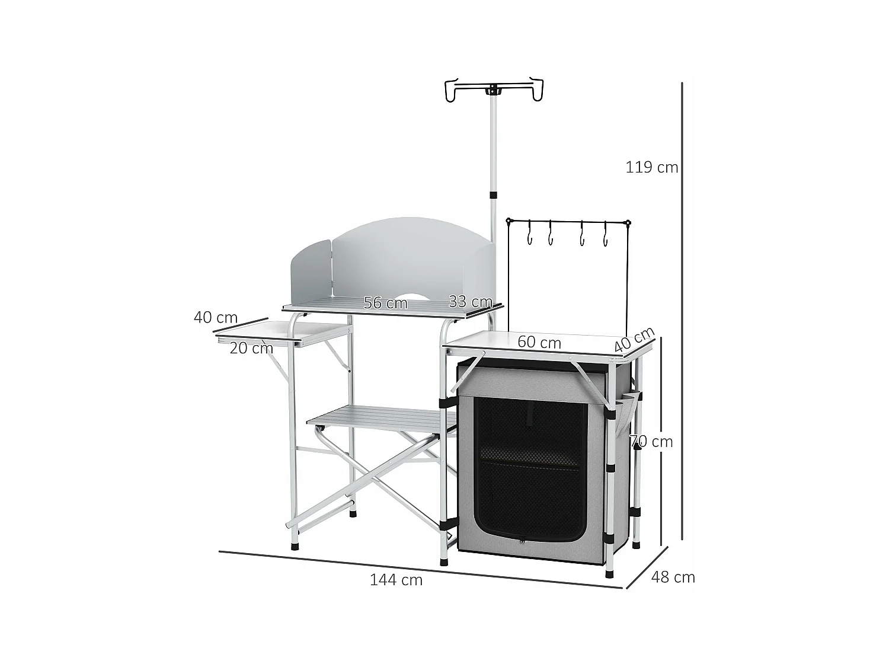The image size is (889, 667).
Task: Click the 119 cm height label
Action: (x=651, y=167)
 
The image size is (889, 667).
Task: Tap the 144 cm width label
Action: (x=396, y=580)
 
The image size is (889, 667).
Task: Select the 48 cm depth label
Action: (x=673, y=577)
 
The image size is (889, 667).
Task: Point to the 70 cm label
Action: (x=651, y=442)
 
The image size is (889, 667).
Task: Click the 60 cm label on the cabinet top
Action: (x=539, y=342)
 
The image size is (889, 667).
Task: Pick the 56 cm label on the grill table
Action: (x=385, y=303)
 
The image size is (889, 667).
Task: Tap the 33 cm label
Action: (x=470, y=302)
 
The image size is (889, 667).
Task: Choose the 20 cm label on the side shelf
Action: (x=251, y=348)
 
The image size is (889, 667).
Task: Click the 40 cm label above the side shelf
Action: (x=215, y=317)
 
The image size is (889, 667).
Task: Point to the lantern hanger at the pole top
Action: (x=493, y=90)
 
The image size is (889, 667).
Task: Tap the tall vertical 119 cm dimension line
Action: (x=682, y=308)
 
